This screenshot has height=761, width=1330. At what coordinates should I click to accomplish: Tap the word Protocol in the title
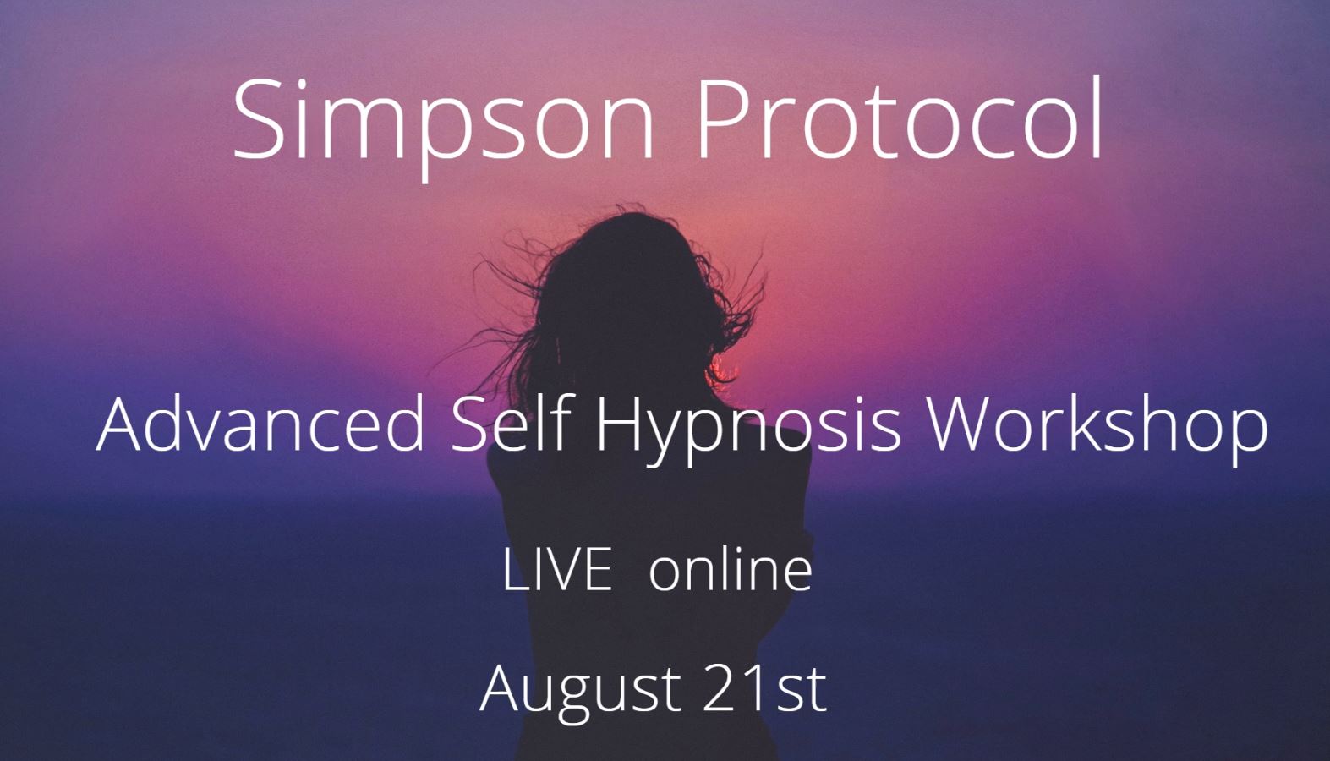tap(900, 120)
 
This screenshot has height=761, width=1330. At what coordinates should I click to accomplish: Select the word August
tap(580, 689)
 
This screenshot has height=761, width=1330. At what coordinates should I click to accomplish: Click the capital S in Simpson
tap(259, 120)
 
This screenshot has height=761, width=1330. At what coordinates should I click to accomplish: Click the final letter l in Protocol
tap(1097, 118)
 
